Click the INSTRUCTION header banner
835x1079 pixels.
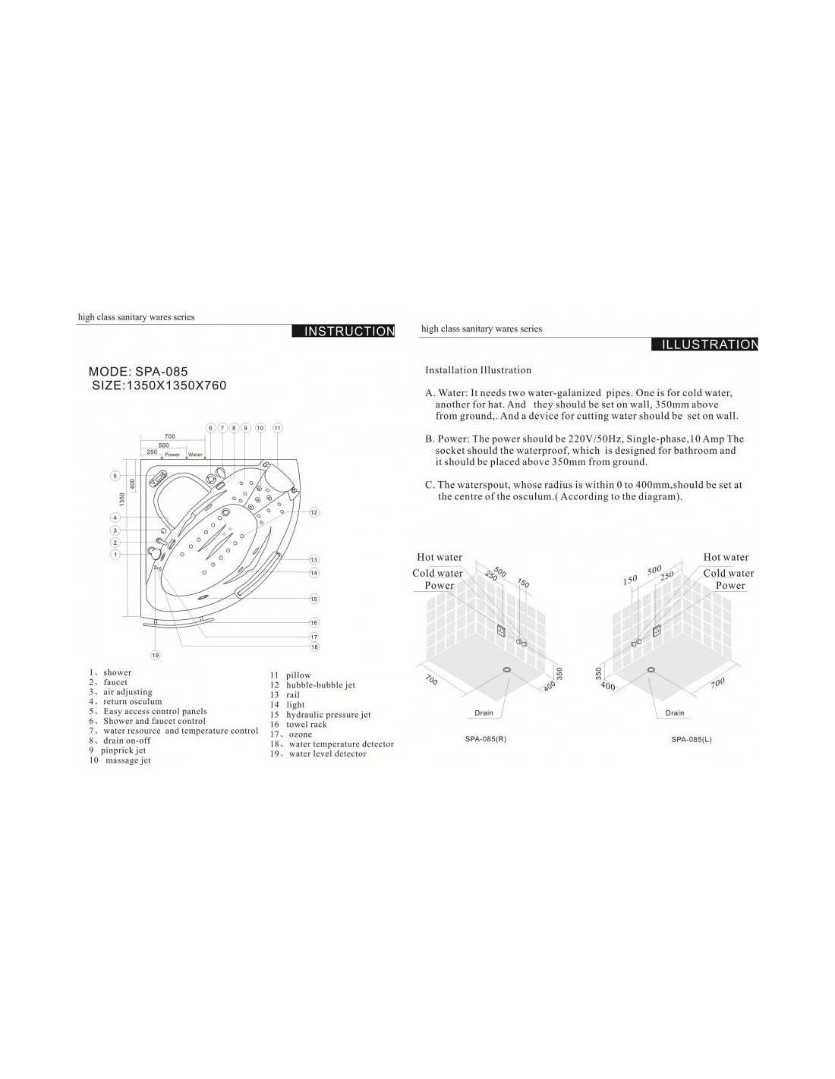pyautogui.click(x=343, y=331)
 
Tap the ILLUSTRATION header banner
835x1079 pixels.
pyautogui.click(x=705, y=344)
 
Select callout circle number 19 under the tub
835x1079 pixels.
pyautogui.click(x=156, y=656)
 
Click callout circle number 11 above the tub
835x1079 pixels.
pyautogui.click(x=277, y=427)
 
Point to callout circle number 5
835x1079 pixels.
pyautogui.click(x=115, y=476)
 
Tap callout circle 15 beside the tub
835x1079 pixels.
pyautogui.click(x=314, y=599)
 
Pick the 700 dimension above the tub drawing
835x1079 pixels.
pyautogui.click(x=170, y=436)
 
